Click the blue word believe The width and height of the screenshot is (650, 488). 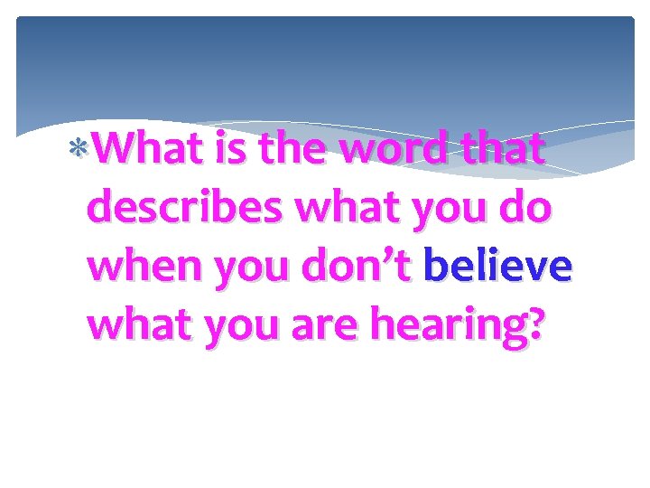coord(497,268)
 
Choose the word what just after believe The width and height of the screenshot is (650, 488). coord(143,327)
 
